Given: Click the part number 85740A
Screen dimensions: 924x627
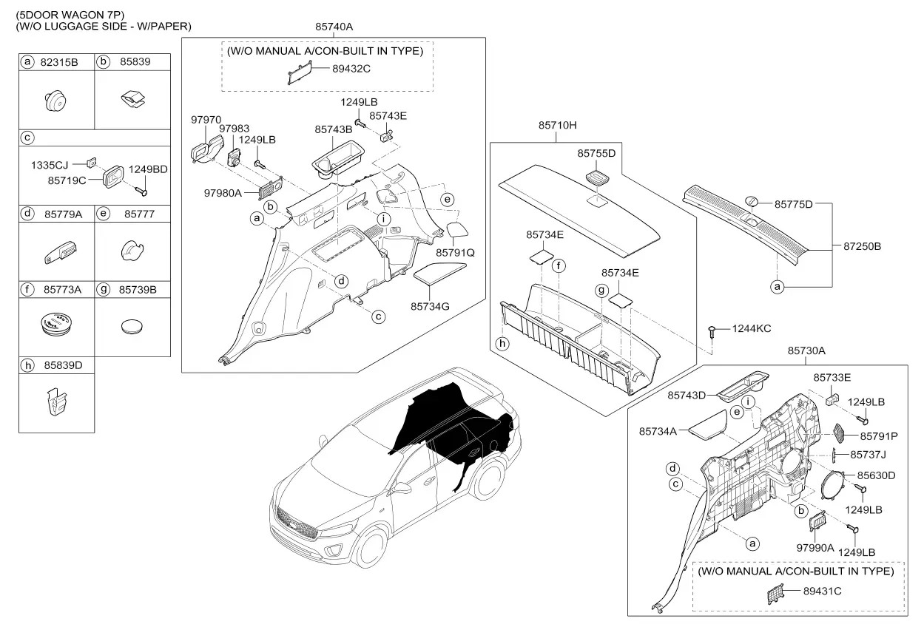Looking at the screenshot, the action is pos(334,27).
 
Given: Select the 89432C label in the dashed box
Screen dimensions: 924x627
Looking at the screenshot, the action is pos(351,69).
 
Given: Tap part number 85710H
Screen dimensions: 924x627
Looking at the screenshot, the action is pos(558,125).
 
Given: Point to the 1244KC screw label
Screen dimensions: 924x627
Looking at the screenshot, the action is pos(752,328).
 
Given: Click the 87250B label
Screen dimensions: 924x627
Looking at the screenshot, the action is pos(862,246).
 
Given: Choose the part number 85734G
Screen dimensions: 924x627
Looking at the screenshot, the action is pos(430,307).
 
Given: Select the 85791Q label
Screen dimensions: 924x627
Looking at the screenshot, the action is pos(456,253).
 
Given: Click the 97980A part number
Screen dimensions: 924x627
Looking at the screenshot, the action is pos(223,193).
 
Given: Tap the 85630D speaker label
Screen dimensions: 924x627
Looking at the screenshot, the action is pos(876,475).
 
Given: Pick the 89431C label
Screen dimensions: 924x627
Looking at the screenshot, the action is pos(822,592).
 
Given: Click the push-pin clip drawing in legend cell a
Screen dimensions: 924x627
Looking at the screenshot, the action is pos(55,101).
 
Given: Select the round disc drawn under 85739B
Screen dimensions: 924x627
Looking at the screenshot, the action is pos(132,327).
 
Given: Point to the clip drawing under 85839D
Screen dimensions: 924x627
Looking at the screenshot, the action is pos(57,402).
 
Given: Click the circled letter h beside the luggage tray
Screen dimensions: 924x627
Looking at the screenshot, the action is pos(502,343).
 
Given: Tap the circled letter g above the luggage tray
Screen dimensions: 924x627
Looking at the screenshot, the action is pos(602,290).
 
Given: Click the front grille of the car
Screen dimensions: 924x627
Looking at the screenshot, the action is pos(296,523).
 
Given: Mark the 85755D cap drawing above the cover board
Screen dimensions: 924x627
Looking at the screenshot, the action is pos(597,177).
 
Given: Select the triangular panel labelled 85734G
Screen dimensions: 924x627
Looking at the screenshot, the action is pos(439,274).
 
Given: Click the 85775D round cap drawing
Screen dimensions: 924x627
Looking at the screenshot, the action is pos(751,202).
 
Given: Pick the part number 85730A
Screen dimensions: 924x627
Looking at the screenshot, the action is pos(806,350).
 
